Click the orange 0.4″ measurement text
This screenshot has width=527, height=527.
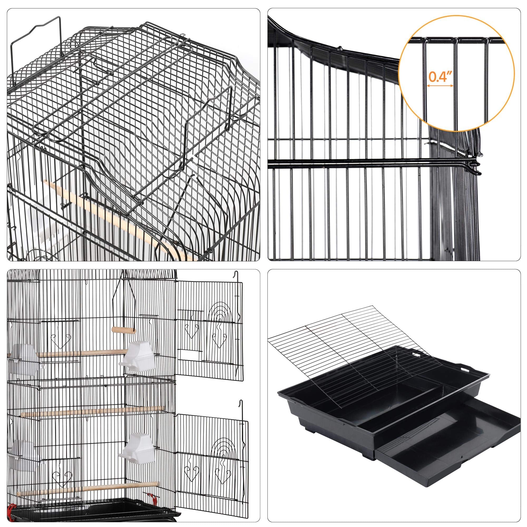click(x=440, y=77)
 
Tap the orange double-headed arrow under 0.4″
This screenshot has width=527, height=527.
click(x=440, y=85)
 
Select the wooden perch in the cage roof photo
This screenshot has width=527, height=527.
click(x=109, y=216)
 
